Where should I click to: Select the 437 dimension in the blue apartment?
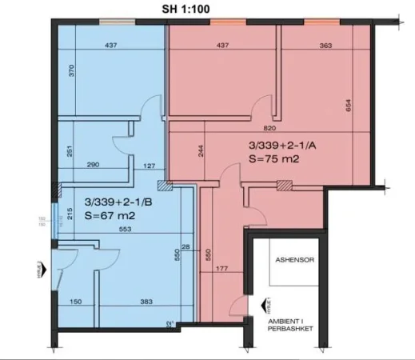pyautogui.click(x=110, y=46)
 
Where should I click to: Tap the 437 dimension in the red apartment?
pyautogui.click(x=223, y=46)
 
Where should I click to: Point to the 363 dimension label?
pyautogui.click(x=325, y=46)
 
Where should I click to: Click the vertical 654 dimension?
pyautogui.click(x=349, y=106)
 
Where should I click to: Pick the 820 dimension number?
pyautogui.click(x=271, y=128)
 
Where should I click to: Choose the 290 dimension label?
pyautogui.click(x=94, y=166)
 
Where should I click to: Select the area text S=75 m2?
pyautogui.click(x=274, y=160)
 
